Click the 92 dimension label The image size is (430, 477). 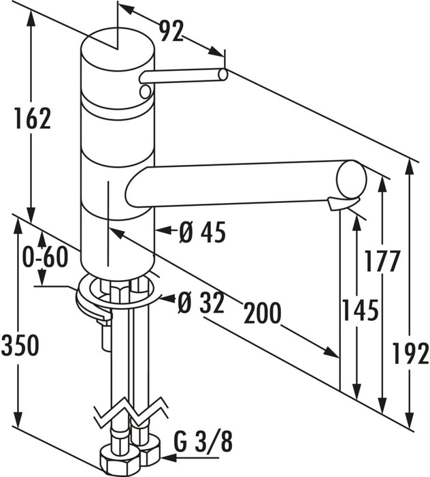(x=172, y=31)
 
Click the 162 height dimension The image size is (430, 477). (x=33, y=119)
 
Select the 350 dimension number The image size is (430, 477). (x=20, y=345)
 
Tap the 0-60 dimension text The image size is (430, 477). (x=46, y=257)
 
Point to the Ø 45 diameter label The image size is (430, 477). (x=202, y=232)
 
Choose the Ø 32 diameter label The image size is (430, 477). (x=201, y=303)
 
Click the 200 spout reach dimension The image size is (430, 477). (x=263, y=313)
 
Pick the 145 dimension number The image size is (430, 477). (x=361, y=310)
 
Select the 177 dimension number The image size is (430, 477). (x=382, y=261)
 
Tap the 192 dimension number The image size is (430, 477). (x=410, y=353)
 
